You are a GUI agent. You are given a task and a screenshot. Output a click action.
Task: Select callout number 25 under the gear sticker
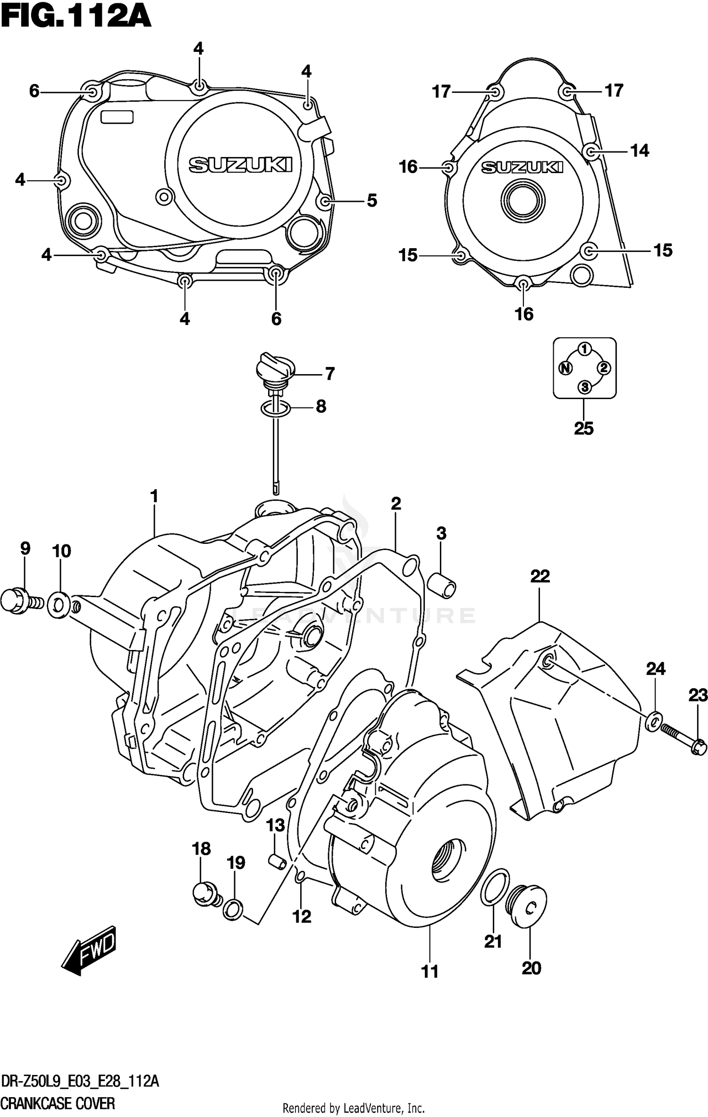coord(583,428)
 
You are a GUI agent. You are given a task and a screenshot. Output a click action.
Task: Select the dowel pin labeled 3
coord(442,585)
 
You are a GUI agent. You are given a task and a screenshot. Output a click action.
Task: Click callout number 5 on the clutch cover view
coord(372,201)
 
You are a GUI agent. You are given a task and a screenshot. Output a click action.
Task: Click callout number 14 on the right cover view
coord(640,151)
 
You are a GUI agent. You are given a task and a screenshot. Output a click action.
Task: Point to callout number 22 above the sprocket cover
coord(540,576)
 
